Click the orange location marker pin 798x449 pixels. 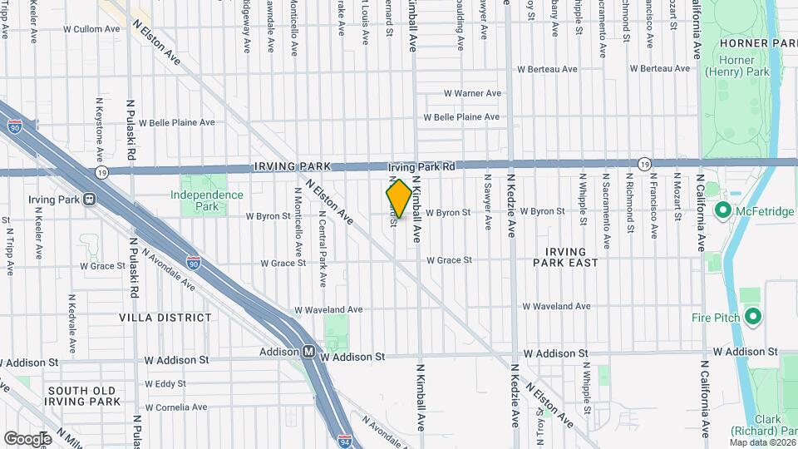(x=399, y=198)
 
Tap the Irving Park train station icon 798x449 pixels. (x=89, y=200)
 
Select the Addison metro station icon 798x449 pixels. (x=308, y=352)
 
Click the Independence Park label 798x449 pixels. (x=207, y=195)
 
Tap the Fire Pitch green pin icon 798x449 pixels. (x=753, y=317)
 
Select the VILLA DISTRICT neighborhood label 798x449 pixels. (x=165, y=318)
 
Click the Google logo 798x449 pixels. (x=27, y=438)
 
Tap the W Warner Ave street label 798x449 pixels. (x=472, y=93)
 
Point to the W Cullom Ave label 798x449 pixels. (x=93, y=28)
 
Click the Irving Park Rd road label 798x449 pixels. (x=421, y=167)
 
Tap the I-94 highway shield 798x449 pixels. (x=344, y=437)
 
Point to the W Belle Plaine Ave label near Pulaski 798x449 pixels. (x=176, y=122)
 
